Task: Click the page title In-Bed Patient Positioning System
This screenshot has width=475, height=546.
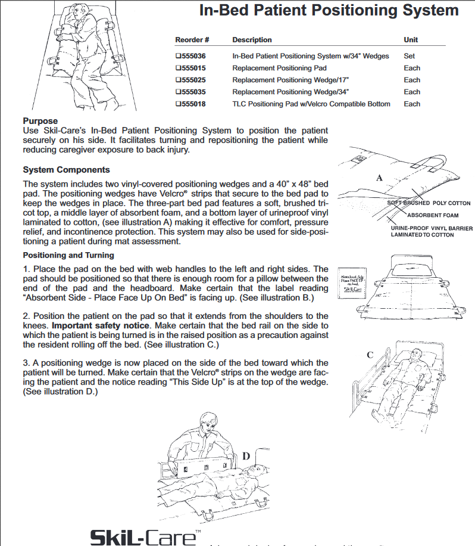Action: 329,11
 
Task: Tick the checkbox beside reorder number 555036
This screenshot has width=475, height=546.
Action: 178,56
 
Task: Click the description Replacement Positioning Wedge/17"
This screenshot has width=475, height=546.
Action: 290,80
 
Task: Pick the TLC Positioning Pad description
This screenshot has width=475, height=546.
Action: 311,104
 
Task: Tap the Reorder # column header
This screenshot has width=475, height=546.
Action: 192,40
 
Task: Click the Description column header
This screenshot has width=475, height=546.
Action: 252,40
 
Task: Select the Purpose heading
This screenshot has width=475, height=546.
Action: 40,121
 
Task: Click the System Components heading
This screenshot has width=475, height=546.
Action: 66,170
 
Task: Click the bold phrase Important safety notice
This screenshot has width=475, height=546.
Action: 102,325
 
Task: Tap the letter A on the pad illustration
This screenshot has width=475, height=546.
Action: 379,178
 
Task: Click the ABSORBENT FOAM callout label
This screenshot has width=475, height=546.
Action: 433,215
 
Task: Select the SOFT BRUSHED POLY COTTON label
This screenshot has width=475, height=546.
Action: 429,203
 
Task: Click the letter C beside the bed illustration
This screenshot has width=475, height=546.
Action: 370,355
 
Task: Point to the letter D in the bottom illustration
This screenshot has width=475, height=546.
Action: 245,457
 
